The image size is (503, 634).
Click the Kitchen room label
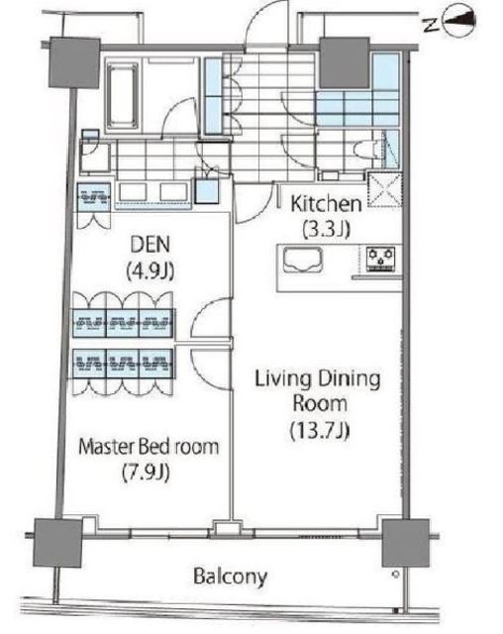pyautogui.click(x=326, y=204)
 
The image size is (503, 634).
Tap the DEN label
pyautogui.click(x=151, y=245)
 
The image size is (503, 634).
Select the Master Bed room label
pyautogui.click(x=149, y=447)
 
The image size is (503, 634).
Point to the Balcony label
pyautogui.click(x=230, y=577)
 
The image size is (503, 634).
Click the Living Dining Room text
pyautogui.click(x=318, y=391)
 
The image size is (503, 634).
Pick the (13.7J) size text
pyautogui.click(x=320, y=430)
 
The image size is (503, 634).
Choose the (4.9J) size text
pyautogui.click(x=151, y=270)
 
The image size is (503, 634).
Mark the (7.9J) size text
pyautogui.click(x=146, y=473)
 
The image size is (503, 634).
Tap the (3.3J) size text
pyautogui.click(x=326, y=230)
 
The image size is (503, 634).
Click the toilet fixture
pyautogui.click(x=367, y=150)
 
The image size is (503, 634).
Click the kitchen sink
pyautogui.click(x=303, y=260)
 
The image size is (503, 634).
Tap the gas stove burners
pyautogui.click(x=380, y=259)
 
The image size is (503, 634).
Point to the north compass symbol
pyautogui.click(x=459, y=21)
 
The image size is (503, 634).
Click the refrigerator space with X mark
pyautogui.click(x=384, y=189)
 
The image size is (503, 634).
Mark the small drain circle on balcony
pyautogui.click(x=395, y=575)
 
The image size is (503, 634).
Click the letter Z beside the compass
pyautogui.click(x=431, y=25)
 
